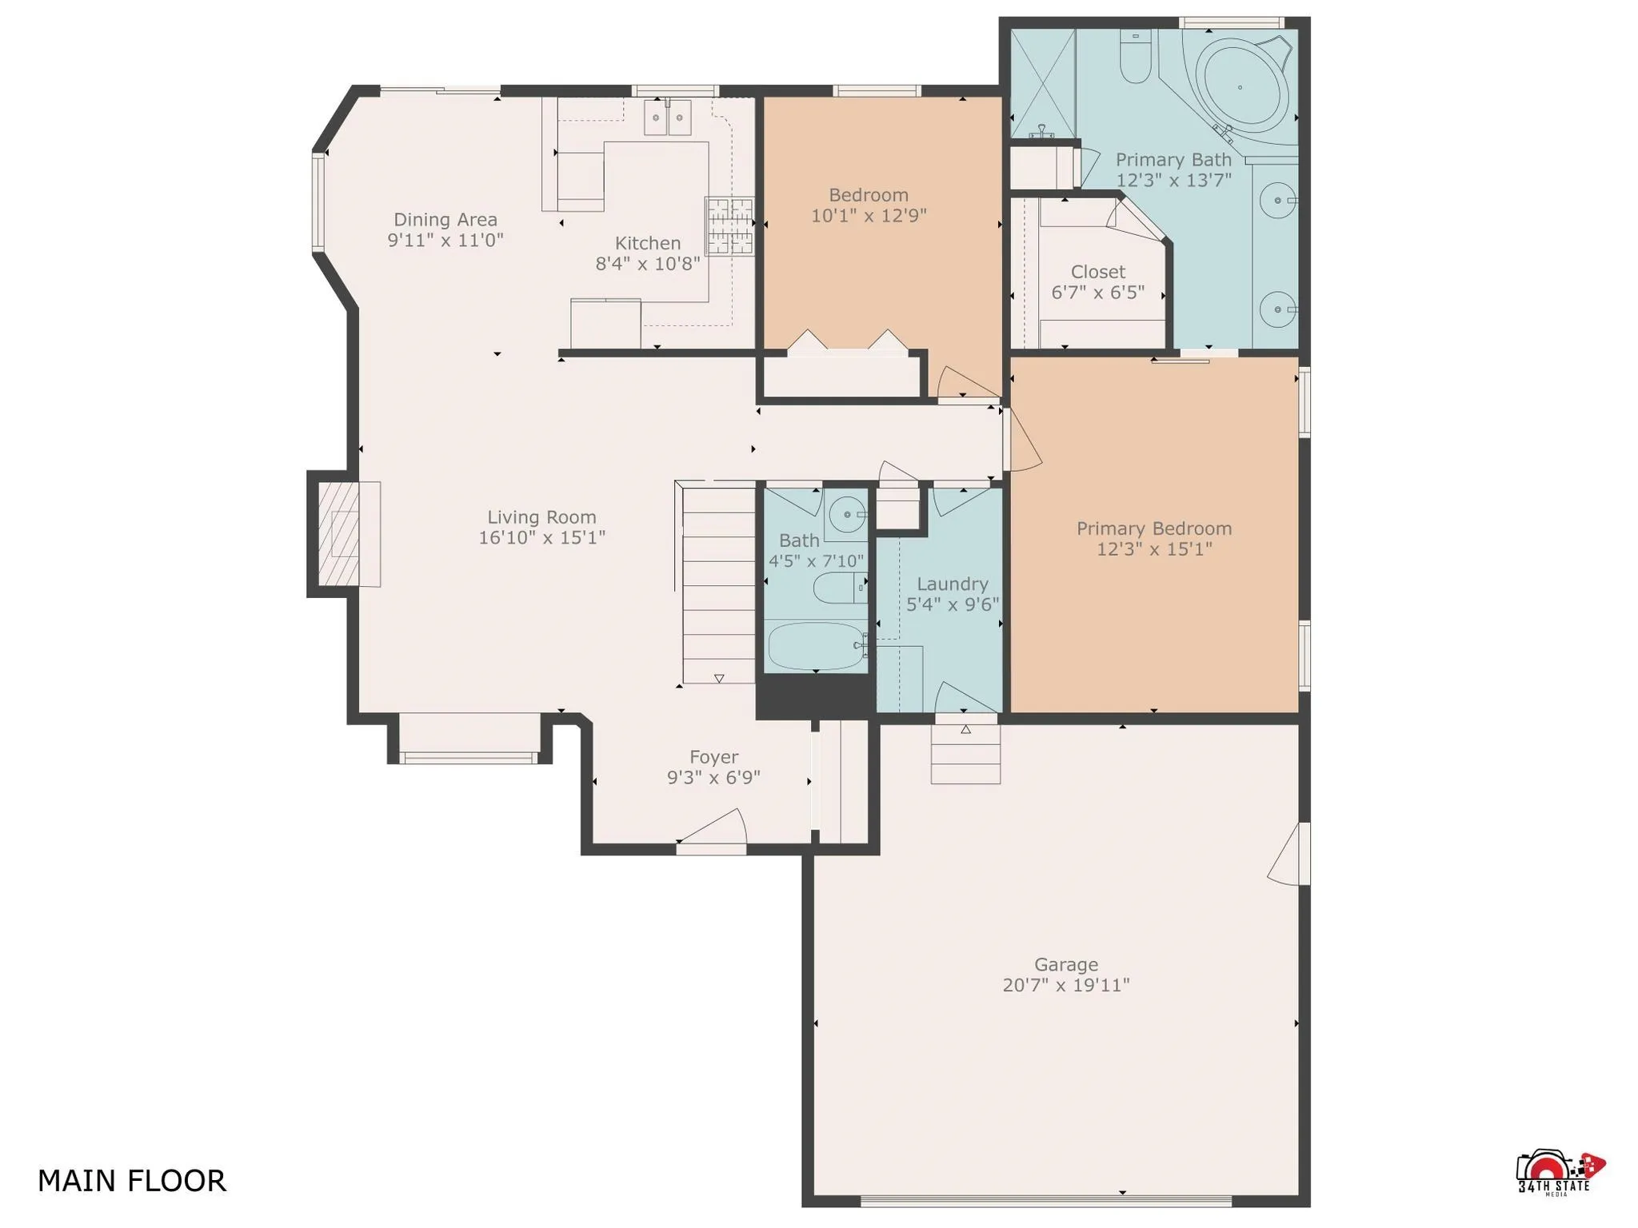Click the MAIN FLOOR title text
(x=132, y=1181)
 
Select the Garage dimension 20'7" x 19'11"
(x=1065, y=985)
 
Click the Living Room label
(x=541, y=517)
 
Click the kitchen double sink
(x=668, y=118)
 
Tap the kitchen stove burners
(x=729, y=225)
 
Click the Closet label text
(x=1097, y=272)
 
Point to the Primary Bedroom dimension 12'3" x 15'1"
(x=1153, y=549)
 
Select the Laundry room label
(x=952, y=584)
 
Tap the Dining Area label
(x=445, y=219)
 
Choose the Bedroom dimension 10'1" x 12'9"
(x=868, y=216)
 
